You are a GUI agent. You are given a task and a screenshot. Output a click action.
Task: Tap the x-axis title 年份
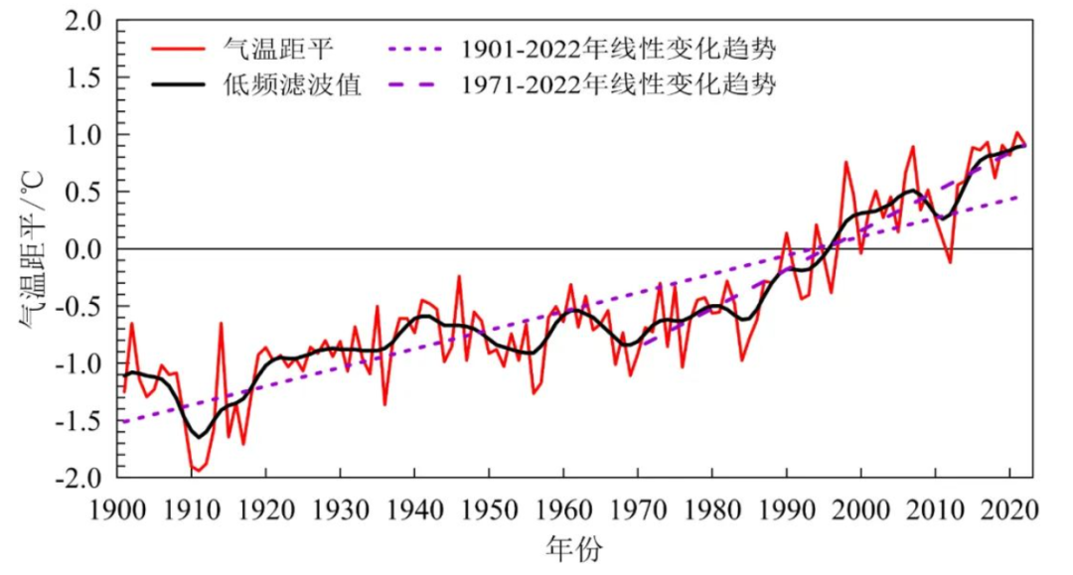[573, 548]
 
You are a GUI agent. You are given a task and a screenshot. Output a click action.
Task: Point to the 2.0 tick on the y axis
[84, 21]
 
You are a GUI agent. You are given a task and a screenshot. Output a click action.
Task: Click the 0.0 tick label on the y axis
[84, 249]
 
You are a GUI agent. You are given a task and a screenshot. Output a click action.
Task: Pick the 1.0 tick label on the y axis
[84, 135]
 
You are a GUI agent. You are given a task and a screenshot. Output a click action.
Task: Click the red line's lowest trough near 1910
[196, 470]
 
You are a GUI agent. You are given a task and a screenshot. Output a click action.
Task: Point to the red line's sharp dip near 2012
[950, 262]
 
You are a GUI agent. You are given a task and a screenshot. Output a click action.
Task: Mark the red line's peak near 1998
[845, 162]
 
